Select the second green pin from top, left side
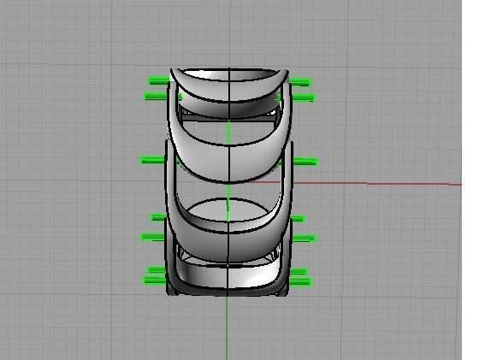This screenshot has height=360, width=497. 156,97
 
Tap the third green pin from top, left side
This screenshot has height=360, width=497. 151,159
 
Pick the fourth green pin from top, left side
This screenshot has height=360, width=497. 158,217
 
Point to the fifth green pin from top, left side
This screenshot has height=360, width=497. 153,237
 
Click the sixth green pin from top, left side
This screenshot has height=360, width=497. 156,271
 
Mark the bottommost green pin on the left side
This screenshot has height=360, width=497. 154,280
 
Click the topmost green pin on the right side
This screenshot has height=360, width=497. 299,82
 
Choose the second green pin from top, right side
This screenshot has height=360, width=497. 302,98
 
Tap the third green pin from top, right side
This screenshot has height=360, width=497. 305,161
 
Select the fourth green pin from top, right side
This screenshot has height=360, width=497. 297,219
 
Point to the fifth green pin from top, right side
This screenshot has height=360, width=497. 303,239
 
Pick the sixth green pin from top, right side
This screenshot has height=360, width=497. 298,273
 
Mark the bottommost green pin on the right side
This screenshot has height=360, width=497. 299,281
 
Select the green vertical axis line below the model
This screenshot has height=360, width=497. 227,329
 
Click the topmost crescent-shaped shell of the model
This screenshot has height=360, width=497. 228,84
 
